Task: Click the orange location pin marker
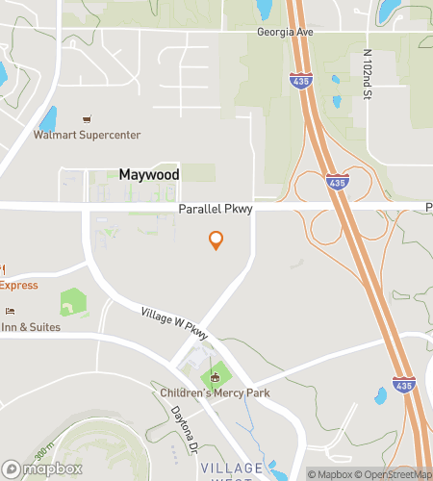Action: [216, 240]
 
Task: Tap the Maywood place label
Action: [148, 175]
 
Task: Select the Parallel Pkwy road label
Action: [213, 209]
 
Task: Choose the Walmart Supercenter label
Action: [87, 136]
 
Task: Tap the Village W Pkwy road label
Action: [174, 327]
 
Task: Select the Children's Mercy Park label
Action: [216, 392]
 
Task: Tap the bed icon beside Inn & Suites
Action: [10, 311]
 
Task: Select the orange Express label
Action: [19, 286]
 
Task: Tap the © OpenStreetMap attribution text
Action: [395, 474]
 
